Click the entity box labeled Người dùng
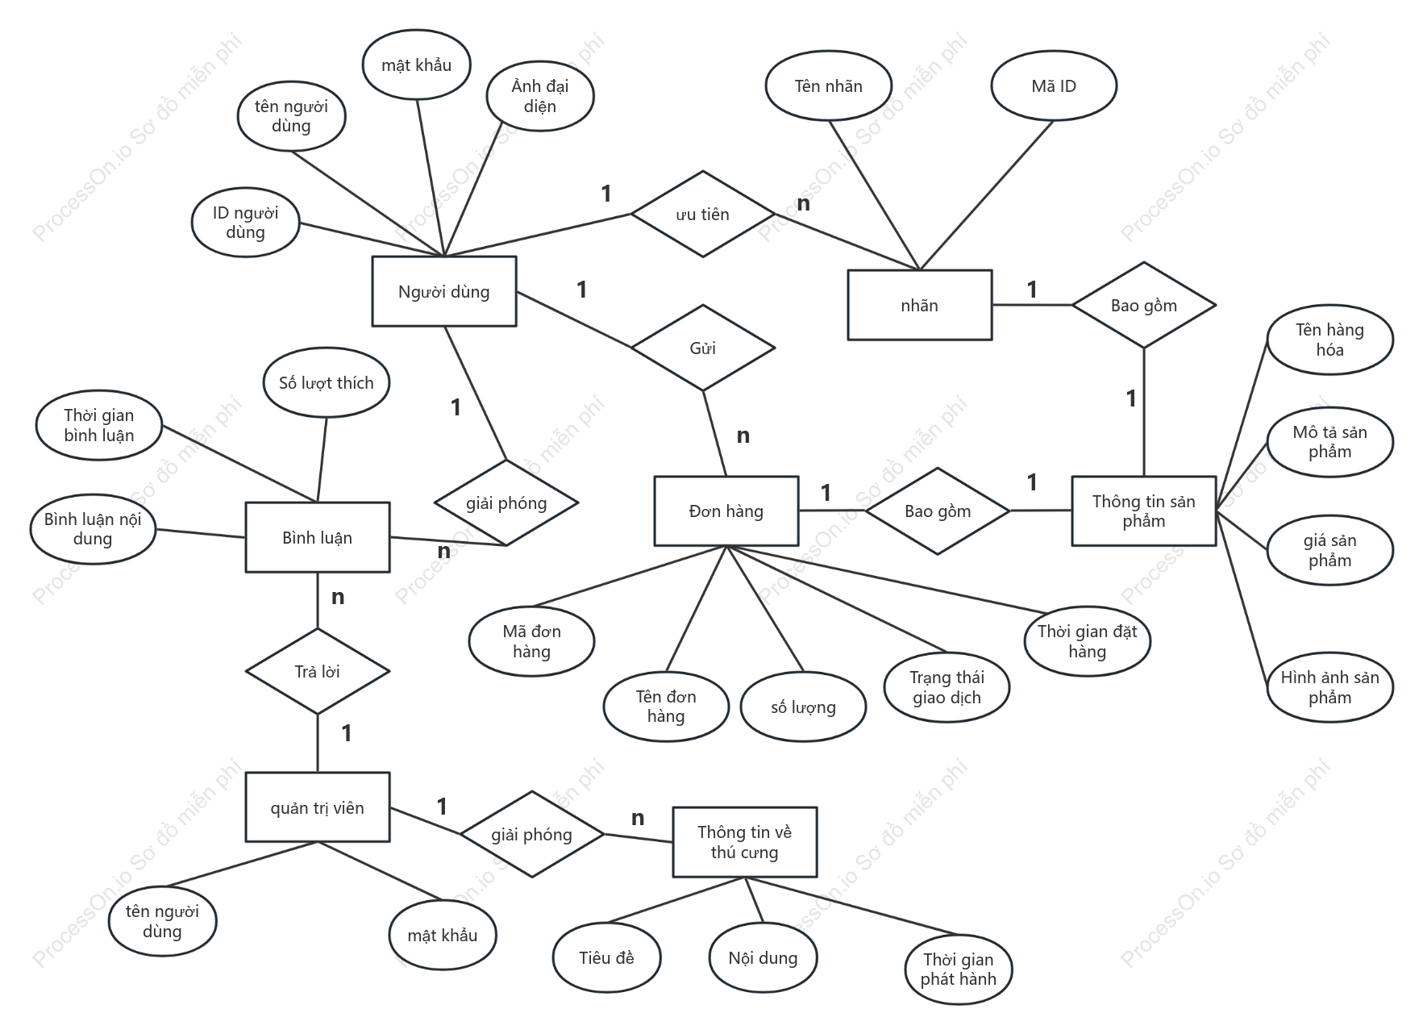(x=443, y=291)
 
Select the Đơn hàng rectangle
(x=726, y=511)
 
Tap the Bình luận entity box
(x=318, y=537)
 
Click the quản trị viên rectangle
(x=318, y=807)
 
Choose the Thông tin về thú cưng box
(x=744, y=842)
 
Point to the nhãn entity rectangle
(x=919, y=305)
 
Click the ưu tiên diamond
(x=703, y=214)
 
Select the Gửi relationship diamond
(x=703, y=348)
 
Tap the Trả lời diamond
(x=318, y=671)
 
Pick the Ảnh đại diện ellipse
(x=540, y=96)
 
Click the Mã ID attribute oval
(x=1054, y=85)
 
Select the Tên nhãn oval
(x=828, y=85)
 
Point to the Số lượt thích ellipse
(x=327, y=382)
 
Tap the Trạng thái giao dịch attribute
(x=947, y=687)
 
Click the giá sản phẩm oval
(x=1329, y=550)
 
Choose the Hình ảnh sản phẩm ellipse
(x=1329, y=687)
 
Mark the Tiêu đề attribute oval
(x=606, y=957)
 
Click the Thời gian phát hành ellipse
(x=958, y=969)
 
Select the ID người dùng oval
(x=245, y=222)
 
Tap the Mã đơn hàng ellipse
(x=531, y=641)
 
